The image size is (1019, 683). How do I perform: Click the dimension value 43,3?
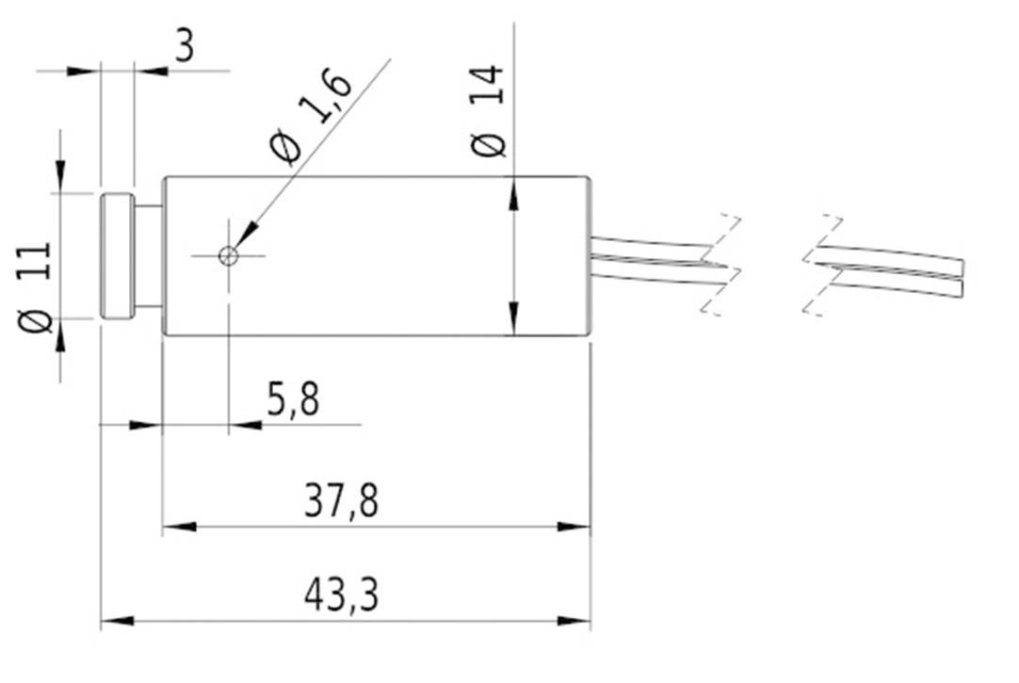(x=341, y=595)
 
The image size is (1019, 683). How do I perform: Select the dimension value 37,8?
(x=341, y=502)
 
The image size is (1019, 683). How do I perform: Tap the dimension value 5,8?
(x=293, y=401)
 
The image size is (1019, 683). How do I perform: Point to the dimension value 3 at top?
(x=185, y=45)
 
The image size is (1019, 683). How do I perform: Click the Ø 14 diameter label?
(x=490, y=111)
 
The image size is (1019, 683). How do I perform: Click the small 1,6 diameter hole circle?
(x=228, y=255)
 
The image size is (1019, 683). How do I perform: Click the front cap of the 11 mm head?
(x=117, y=255)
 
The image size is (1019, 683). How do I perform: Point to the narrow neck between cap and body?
(x=149, y=255)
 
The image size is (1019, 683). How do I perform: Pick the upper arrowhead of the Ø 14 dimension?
(x=513, y=194)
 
